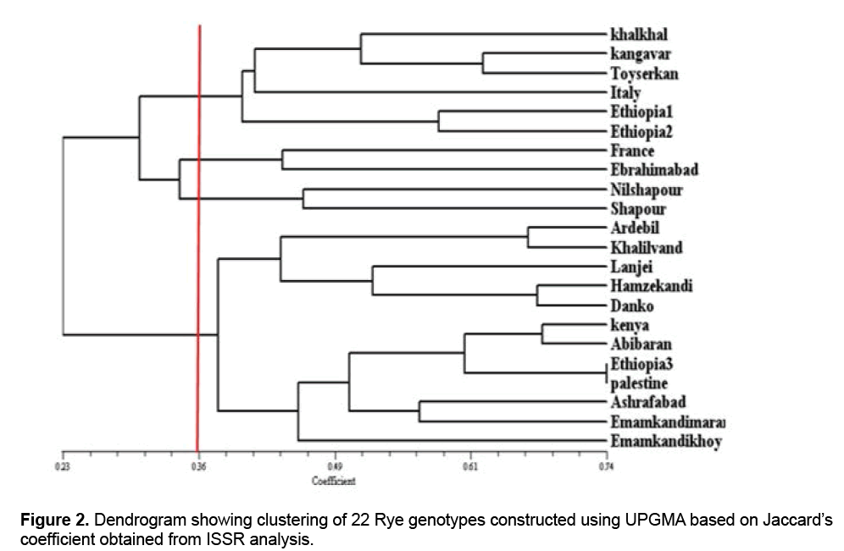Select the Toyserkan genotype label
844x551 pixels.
(644, 74)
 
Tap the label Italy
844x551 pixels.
(625, 92)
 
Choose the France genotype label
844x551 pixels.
(631, 151)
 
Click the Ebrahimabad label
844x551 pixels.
(653, 169)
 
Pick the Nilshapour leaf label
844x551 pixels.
(646, 190)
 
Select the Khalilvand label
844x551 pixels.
(646, 248)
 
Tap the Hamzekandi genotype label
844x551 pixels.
(651, 287)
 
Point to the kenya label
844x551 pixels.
(629, 325)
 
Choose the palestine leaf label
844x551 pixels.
(638, 383)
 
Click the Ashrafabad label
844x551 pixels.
(647, 401)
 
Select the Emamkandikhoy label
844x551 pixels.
(665, 441)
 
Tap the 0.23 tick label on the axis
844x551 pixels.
(63, 466)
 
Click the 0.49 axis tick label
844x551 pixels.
(335, 466)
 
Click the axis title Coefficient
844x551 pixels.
(334, 481)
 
